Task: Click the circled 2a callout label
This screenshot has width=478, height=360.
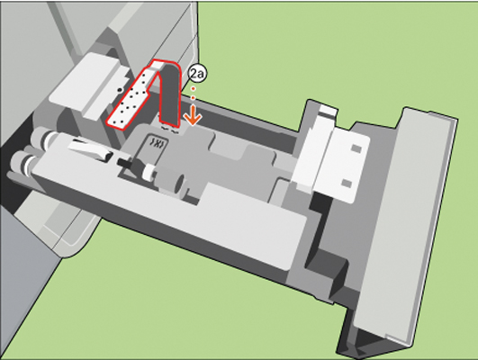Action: click(197, 74)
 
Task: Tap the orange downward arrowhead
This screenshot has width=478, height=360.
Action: click(194, 119)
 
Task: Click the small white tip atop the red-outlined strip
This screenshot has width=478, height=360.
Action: click(158, 64)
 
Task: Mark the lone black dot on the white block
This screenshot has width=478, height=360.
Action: click(120, 90)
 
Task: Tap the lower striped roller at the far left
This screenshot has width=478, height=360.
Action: click(23, 162)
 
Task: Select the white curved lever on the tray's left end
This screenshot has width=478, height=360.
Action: click(89, 149)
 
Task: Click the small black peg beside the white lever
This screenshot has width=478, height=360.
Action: click(124, 162)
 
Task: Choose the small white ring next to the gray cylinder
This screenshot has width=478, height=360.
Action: click(149, 172)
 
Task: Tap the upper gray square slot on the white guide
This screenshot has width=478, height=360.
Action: click(356, 148)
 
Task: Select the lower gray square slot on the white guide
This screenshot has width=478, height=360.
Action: click(347, 183)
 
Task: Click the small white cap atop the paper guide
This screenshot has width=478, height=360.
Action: click(327, 110)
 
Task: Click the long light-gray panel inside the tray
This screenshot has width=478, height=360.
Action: click(171, 202)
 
